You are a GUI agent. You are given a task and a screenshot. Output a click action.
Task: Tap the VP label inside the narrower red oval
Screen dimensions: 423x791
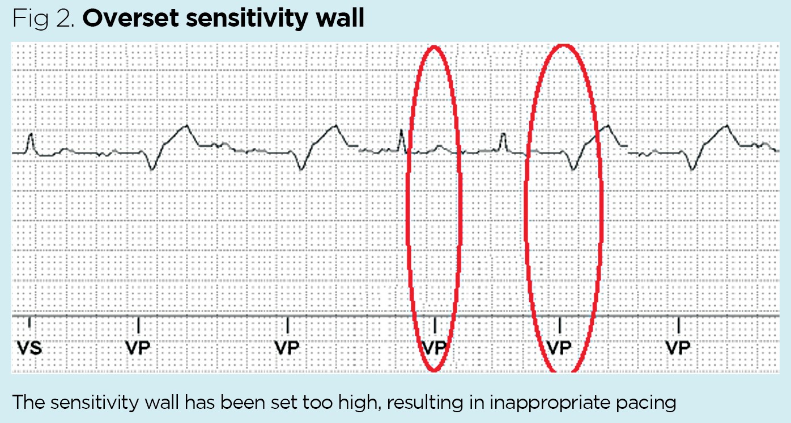click(435, 347)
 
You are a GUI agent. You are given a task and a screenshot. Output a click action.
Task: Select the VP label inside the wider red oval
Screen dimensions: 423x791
click(560, 347)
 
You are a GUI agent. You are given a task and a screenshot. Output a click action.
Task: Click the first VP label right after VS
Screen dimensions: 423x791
click(139, 347)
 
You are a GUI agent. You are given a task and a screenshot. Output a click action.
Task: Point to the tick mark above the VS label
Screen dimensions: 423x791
click(30, 324)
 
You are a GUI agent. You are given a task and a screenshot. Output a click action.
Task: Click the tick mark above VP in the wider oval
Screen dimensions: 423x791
click(560, 324)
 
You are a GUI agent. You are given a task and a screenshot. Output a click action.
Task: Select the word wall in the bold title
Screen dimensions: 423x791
click(342, 19)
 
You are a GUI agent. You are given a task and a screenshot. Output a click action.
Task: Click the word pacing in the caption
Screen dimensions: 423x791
click(648, 403)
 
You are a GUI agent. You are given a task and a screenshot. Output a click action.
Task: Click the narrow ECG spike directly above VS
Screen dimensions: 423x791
click(31, 139)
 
